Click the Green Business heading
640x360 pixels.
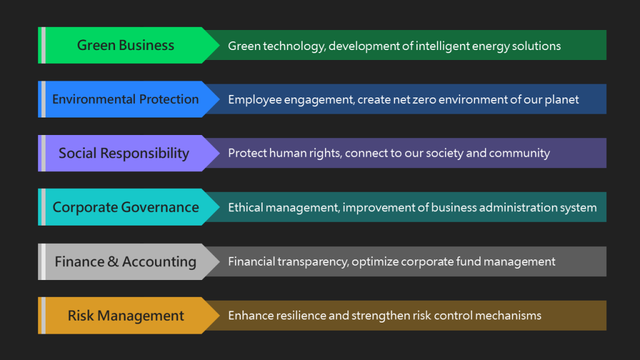click(x=126, y=45)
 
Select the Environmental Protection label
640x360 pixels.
click(x=125, y=99)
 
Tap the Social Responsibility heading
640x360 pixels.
click(x=124, y=154)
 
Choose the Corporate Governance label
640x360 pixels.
click(x=126, y=207)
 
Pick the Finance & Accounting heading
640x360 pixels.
click(x=125, y=262)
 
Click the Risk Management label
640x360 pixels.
click(x=126, y=316)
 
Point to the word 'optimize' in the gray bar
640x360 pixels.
click(x=375, y=262)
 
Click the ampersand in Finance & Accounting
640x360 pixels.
click(x=112, y=262)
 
